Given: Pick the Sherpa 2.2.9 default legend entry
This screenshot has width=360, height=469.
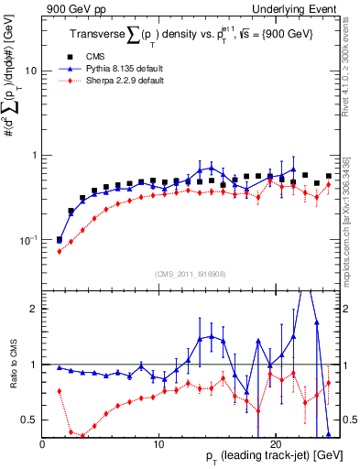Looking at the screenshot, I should (134, 81).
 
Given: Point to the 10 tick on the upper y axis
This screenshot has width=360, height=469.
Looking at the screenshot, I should (31, 71).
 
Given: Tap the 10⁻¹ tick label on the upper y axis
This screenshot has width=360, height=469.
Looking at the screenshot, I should (27, 240).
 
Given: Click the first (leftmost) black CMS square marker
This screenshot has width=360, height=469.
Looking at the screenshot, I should (60, 240).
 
